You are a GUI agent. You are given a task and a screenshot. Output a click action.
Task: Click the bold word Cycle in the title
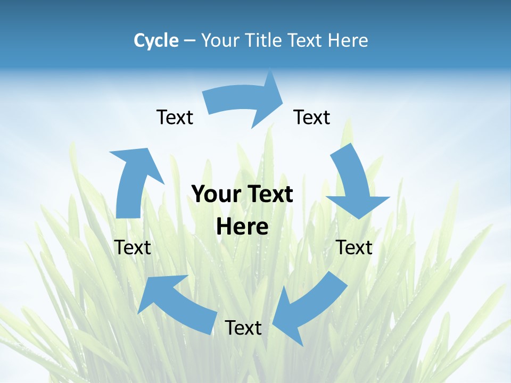click(156, 40)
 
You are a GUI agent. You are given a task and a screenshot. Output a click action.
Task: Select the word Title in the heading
click(265, 40)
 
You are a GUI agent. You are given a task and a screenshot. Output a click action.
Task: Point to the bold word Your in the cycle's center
click(216, 194)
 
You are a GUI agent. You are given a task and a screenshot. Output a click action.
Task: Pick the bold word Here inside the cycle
click(242, 227)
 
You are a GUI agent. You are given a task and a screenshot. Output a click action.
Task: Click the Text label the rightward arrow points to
click(312, 117)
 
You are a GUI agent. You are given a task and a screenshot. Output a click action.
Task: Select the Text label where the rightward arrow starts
click(175, 117)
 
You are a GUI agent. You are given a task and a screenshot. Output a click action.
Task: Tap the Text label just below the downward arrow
click(354, 247)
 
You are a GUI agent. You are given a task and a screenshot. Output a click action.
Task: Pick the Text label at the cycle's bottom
click(243, 328)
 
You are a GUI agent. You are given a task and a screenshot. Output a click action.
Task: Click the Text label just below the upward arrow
click(133, 247)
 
